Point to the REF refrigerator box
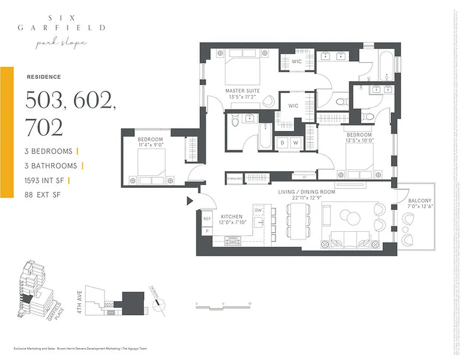tap(207, 219)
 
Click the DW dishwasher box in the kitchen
tap(258, 210)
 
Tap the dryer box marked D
tap(282, 143)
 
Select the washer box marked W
tap(296, 143)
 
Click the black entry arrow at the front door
tap(190, 201)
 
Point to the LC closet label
tap(297, 177)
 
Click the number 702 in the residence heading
tap(44, 128)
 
